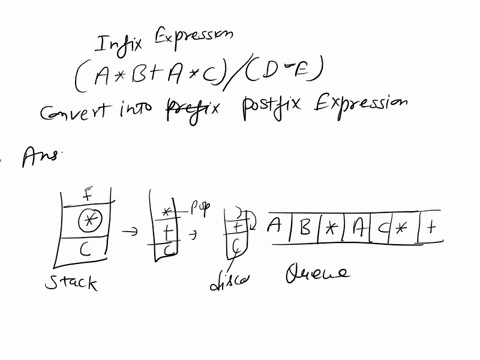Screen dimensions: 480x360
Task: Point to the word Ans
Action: tap(39, 153)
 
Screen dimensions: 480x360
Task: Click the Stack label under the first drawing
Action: tap(72, 283)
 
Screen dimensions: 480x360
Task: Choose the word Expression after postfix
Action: tap(356, 102)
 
